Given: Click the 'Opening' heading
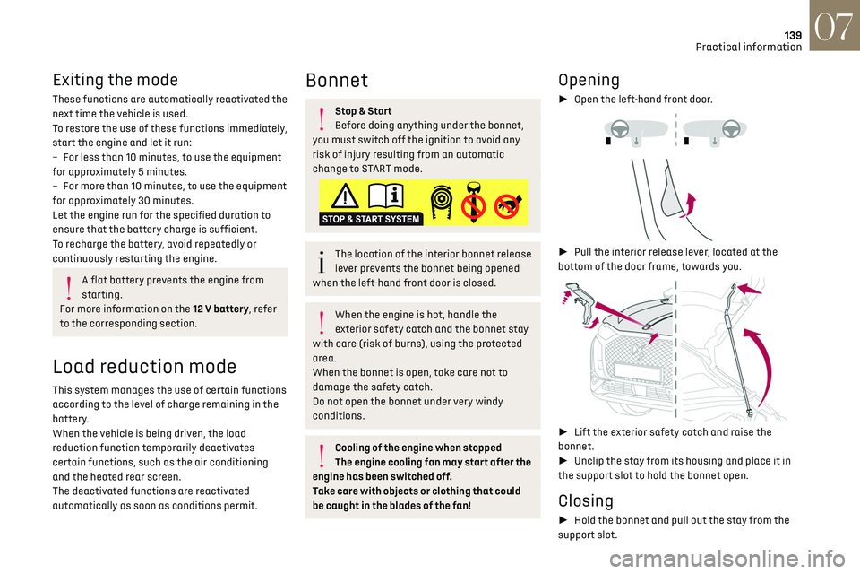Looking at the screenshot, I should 589,80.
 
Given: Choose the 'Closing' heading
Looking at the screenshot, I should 585,500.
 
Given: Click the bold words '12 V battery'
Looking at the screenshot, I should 219,309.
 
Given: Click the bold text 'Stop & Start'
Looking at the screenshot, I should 363,111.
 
